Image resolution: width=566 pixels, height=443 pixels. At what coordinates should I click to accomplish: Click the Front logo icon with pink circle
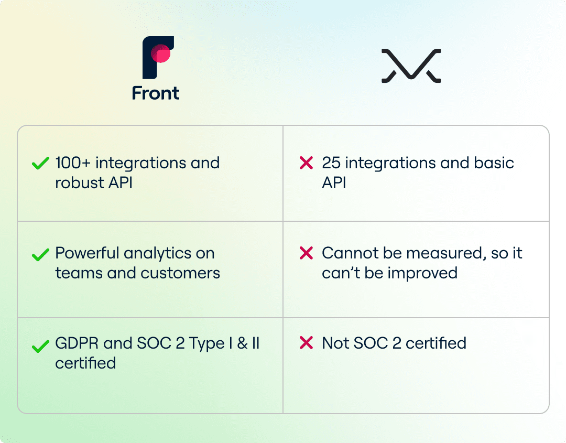click(158, 57)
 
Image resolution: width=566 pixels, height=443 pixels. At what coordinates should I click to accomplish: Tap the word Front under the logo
click(156, 93)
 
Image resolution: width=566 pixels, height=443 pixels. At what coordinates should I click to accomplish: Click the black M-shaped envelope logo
click(411, 66)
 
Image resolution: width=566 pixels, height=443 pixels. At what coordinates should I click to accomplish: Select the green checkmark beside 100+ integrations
click(40, 163)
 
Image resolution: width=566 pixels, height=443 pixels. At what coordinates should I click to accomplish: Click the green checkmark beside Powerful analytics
click(40, 254)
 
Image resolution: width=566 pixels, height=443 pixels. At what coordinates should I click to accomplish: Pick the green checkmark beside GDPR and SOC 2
click(40, 346)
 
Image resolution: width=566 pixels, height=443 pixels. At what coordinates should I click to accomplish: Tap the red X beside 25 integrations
click(306, 163)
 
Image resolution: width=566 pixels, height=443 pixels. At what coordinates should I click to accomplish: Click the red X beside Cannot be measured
click(306, 253)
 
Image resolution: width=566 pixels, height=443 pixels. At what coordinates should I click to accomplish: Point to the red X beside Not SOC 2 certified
click(306, 343)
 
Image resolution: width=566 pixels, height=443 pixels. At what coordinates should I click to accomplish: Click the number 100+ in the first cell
click(72, 163)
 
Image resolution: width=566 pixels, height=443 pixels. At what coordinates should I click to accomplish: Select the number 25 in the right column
click(331, 163)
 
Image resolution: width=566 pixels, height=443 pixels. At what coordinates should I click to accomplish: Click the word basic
click(494, 163)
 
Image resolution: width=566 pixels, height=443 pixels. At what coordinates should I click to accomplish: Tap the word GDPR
click(77, 343)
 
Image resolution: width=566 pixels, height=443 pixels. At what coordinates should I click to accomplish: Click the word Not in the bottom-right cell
click(335, 343)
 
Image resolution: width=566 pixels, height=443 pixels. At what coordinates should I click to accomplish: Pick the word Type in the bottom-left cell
click(207, 344)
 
